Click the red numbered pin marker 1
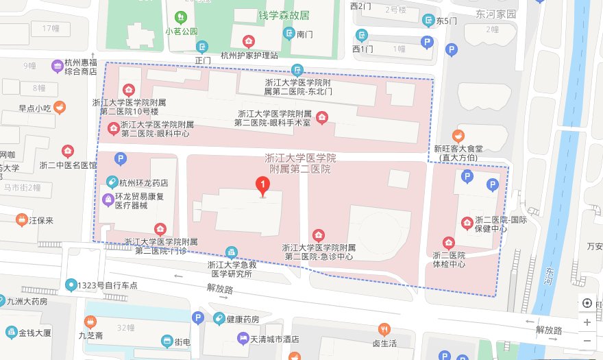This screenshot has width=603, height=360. click(261, 185)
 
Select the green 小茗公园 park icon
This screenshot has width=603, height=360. click(181, 16)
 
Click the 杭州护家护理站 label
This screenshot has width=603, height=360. click(249, 56)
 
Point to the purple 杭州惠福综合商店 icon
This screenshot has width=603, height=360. click(58, 66)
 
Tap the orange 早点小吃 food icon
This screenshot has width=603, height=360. click(60, 107)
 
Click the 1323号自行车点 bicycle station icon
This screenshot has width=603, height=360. click(71, 285)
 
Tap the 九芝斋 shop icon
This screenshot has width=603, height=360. click(90, 322)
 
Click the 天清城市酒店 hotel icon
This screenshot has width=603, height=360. click(243, 338)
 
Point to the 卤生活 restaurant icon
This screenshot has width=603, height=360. click(384, 329)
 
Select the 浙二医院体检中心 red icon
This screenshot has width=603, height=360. click(449, 242)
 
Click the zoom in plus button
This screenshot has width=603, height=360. click(587, 322)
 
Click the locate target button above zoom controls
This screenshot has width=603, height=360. click(587, 304)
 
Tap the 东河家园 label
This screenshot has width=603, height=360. click(497, 14)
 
